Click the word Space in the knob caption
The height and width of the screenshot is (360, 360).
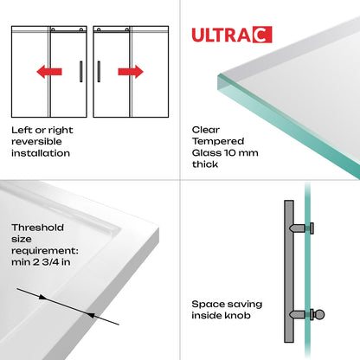point(209,305)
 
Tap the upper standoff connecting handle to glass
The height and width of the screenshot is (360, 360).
point(303,228)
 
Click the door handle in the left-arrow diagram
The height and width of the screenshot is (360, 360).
point(82,70)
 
